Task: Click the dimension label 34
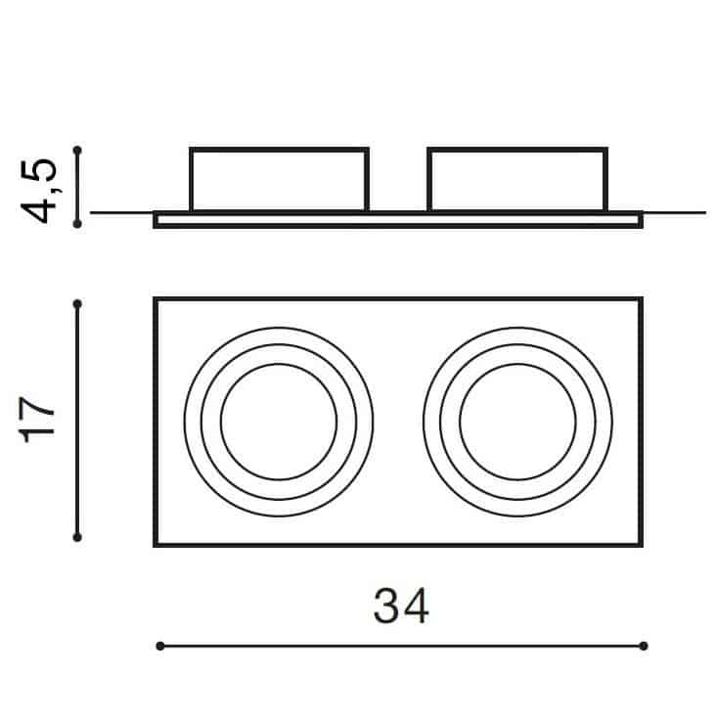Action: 401,605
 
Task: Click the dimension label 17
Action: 38,420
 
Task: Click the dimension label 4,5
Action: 40,191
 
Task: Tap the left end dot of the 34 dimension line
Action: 159,646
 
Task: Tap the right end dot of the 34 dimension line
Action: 644,646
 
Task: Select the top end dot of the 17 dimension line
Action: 77,303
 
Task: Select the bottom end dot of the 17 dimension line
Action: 77,537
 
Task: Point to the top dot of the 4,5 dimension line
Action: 77,150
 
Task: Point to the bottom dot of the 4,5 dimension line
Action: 77,224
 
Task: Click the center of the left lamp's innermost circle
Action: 279,422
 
